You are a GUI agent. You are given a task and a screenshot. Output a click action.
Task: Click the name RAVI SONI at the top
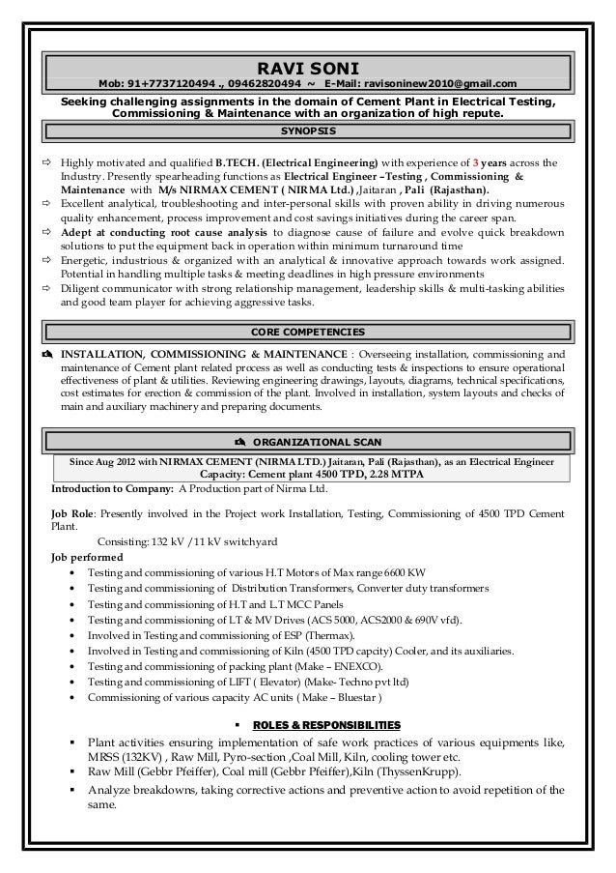point(307,68)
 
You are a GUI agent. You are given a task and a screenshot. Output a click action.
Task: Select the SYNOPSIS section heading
point(307,130)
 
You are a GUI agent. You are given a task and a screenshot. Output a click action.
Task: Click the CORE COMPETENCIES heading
point(307,332)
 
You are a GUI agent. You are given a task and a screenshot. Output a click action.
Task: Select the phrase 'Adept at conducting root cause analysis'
point(165,233)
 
